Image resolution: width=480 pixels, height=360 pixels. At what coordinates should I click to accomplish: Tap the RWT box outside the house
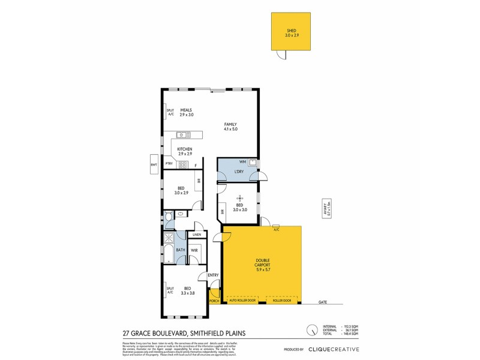tap(154, 164)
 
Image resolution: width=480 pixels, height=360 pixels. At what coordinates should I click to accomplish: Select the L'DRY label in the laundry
tap(239, 172)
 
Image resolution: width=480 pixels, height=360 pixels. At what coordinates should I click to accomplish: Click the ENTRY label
tap(213, 275)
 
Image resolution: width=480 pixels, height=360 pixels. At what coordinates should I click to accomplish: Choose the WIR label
tap(194, 250)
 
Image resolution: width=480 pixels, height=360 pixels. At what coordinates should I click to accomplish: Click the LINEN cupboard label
tap(196, 235)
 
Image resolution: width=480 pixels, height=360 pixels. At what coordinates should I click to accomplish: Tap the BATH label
tap(180, 250)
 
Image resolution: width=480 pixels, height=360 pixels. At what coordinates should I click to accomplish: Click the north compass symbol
tap(312, 330)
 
